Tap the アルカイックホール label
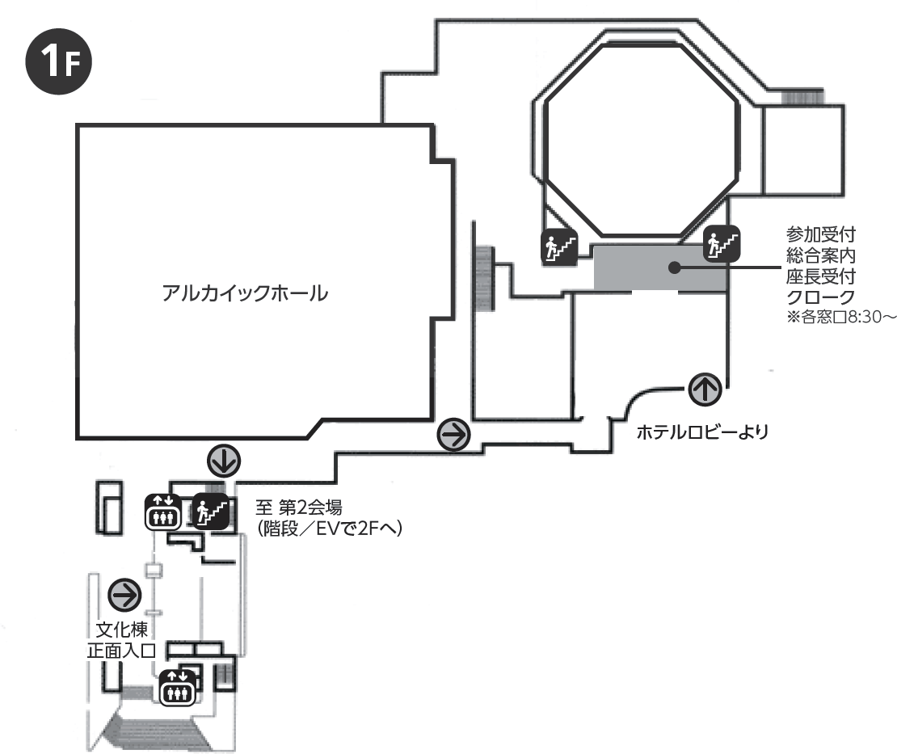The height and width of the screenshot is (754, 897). [x=245, y=293]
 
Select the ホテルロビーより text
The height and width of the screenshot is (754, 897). [x=701, y=432]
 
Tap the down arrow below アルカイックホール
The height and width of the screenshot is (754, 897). [x=223, y=461]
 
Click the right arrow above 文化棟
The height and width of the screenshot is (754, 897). [x=125, y=596]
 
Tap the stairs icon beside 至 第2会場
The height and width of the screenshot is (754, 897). [x=210, y=510]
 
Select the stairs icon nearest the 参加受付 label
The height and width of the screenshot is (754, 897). [x=722, y=243]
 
